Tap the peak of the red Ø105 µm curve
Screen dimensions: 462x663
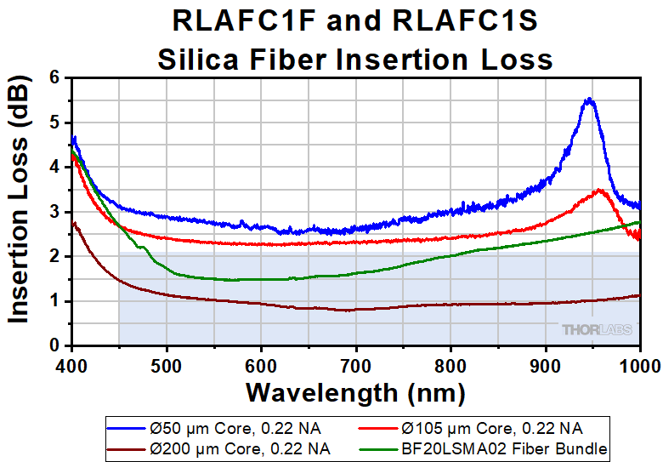coord(600,191)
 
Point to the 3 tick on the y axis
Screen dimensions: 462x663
coord(56,212)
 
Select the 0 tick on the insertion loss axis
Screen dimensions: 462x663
coord(56,345)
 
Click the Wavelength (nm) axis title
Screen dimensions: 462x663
coord(355,392)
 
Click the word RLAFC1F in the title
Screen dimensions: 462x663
coord(242,20)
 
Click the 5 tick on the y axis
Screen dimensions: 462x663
coord(56,123)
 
